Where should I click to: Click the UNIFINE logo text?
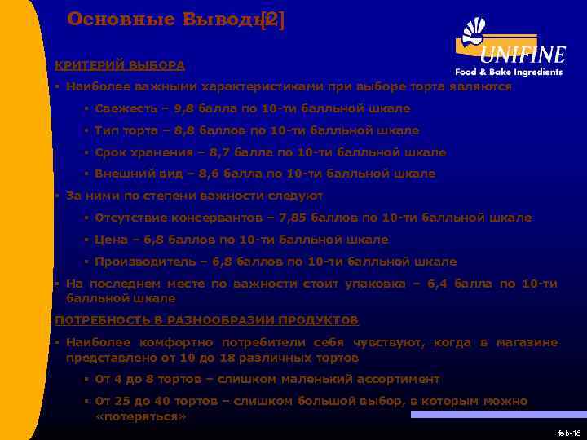pyautogui.click(x=523, y=55)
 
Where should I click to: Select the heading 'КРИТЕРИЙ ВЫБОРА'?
pyautogui.click(x=119, y=65)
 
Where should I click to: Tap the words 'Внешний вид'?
pyautogui.click(x=132, y=174)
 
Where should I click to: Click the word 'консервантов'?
pyautogui.click(x=205, y=218)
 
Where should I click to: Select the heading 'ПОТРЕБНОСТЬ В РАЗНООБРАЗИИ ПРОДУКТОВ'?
pyautogui.click(x=206, y=320)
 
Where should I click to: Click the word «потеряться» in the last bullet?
pyautogui.click(x=140, y=416)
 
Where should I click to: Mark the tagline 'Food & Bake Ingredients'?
pyautogui.click(x=509, y=72)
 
